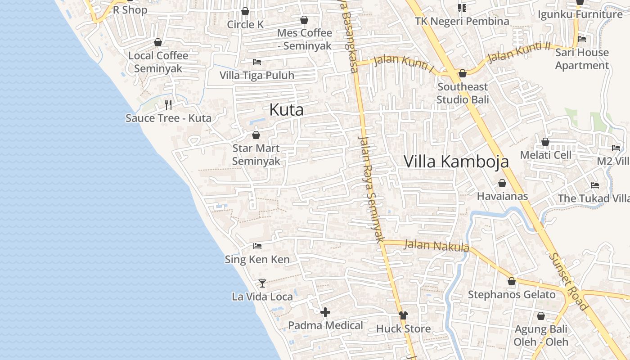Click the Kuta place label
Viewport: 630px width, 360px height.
point(286,110)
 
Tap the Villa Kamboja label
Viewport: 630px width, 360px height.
point(456,161)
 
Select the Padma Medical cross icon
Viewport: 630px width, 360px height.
point(325,312)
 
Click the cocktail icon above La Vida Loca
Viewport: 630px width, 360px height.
point(262,283)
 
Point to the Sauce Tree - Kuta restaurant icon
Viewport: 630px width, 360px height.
point(168,105)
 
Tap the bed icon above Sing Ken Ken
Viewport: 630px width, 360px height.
point(257,246)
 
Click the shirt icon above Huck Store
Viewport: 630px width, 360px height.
point(403,315)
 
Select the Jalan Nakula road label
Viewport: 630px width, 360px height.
point(436,246)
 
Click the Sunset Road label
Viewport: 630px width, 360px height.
point(568,281)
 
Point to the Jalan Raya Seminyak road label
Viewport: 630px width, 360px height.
point(372,189)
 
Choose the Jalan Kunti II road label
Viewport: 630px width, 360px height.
point(519,52)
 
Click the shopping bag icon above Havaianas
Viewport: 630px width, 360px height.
point(502,183)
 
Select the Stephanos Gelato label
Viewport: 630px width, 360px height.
point(512,295)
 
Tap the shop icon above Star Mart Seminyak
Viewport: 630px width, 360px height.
point(256,135)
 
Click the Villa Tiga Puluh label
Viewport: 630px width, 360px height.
point(256,75)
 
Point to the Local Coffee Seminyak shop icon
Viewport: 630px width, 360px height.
point(158,42)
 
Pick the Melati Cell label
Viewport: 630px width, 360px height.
point(545,155)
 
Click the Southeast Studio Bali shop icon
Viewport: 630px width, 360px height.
point(462,73)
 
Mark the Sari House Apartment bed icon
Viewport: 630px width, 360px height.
point(581,39)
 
